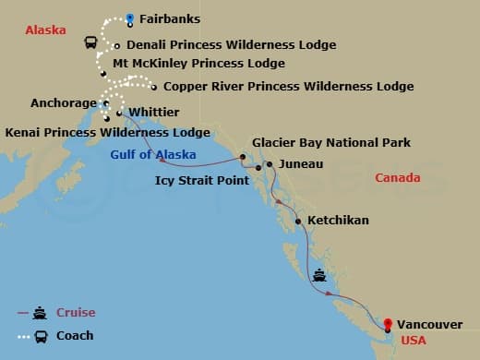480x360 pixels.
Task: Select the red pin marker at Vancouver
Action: click(388, 324)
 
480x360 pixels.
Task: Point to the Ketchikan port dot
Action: click(297, 222)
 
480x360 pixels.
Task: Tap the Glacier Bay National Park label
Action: click(331, 143)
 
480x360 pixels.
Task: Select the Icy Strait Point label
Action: click(202, 181)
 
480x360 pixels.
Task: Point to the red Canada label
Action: click(399, 177)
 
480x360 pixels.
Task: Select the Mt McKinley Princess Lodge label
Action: click(198, 64)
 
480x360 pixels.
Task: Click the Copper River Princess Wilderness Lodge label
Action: click(288, 86)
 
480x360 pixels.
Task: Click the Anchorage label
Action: click(64, 102)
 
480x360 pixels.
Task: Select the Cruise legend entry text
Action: click(76, 313)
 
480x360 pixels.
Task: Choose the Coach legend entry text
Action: click(75, 336)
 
